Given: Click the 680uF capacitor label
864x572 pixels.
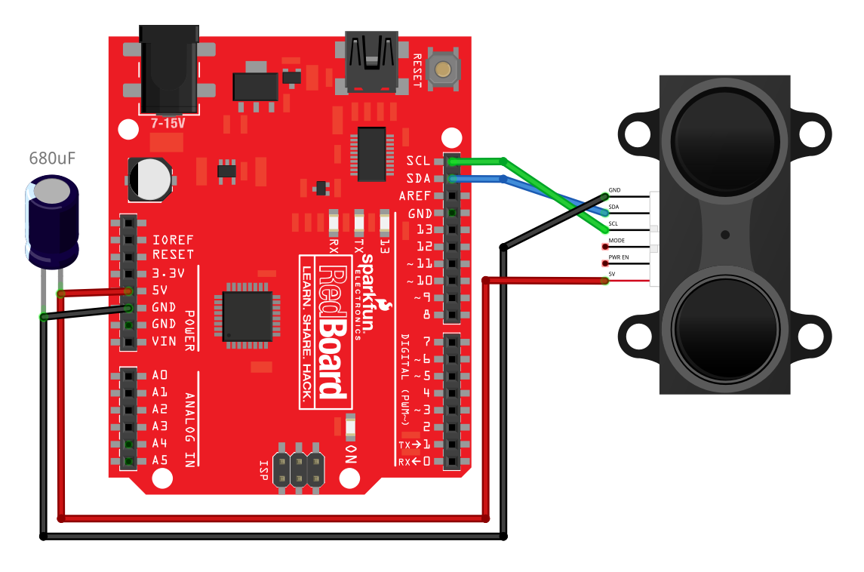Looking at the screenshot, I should click(x=52, y=158).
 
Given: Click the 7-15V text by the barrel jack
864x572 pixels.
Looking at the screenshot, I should click(x=168, y=122).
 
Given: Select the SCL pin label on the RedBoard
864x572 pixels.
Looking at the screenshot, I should click(x=418, y=161).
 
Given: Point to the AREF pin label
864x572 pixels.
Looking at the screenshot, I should click(x=414, y=195).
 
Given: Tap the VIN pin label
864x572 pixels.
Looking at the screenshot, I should click(x=164, y=341).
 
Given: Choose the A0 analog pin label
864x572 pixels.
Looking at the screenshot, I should click(x=159, y=375).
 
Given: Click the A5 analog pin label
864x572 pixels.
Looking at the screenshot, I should click(x=159, y=460).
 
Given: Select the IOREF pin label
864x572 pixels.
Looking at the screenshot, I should click(x=173, y=238).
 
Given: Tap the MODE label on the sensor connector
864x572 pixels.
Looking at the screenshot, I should click(x=616, y=240).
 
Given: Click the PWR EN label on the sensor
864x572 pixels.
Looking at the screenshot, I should click(x=619, y=257).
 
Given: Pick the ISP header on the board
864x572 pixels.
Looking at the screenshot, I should click(x=298, y=469).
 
